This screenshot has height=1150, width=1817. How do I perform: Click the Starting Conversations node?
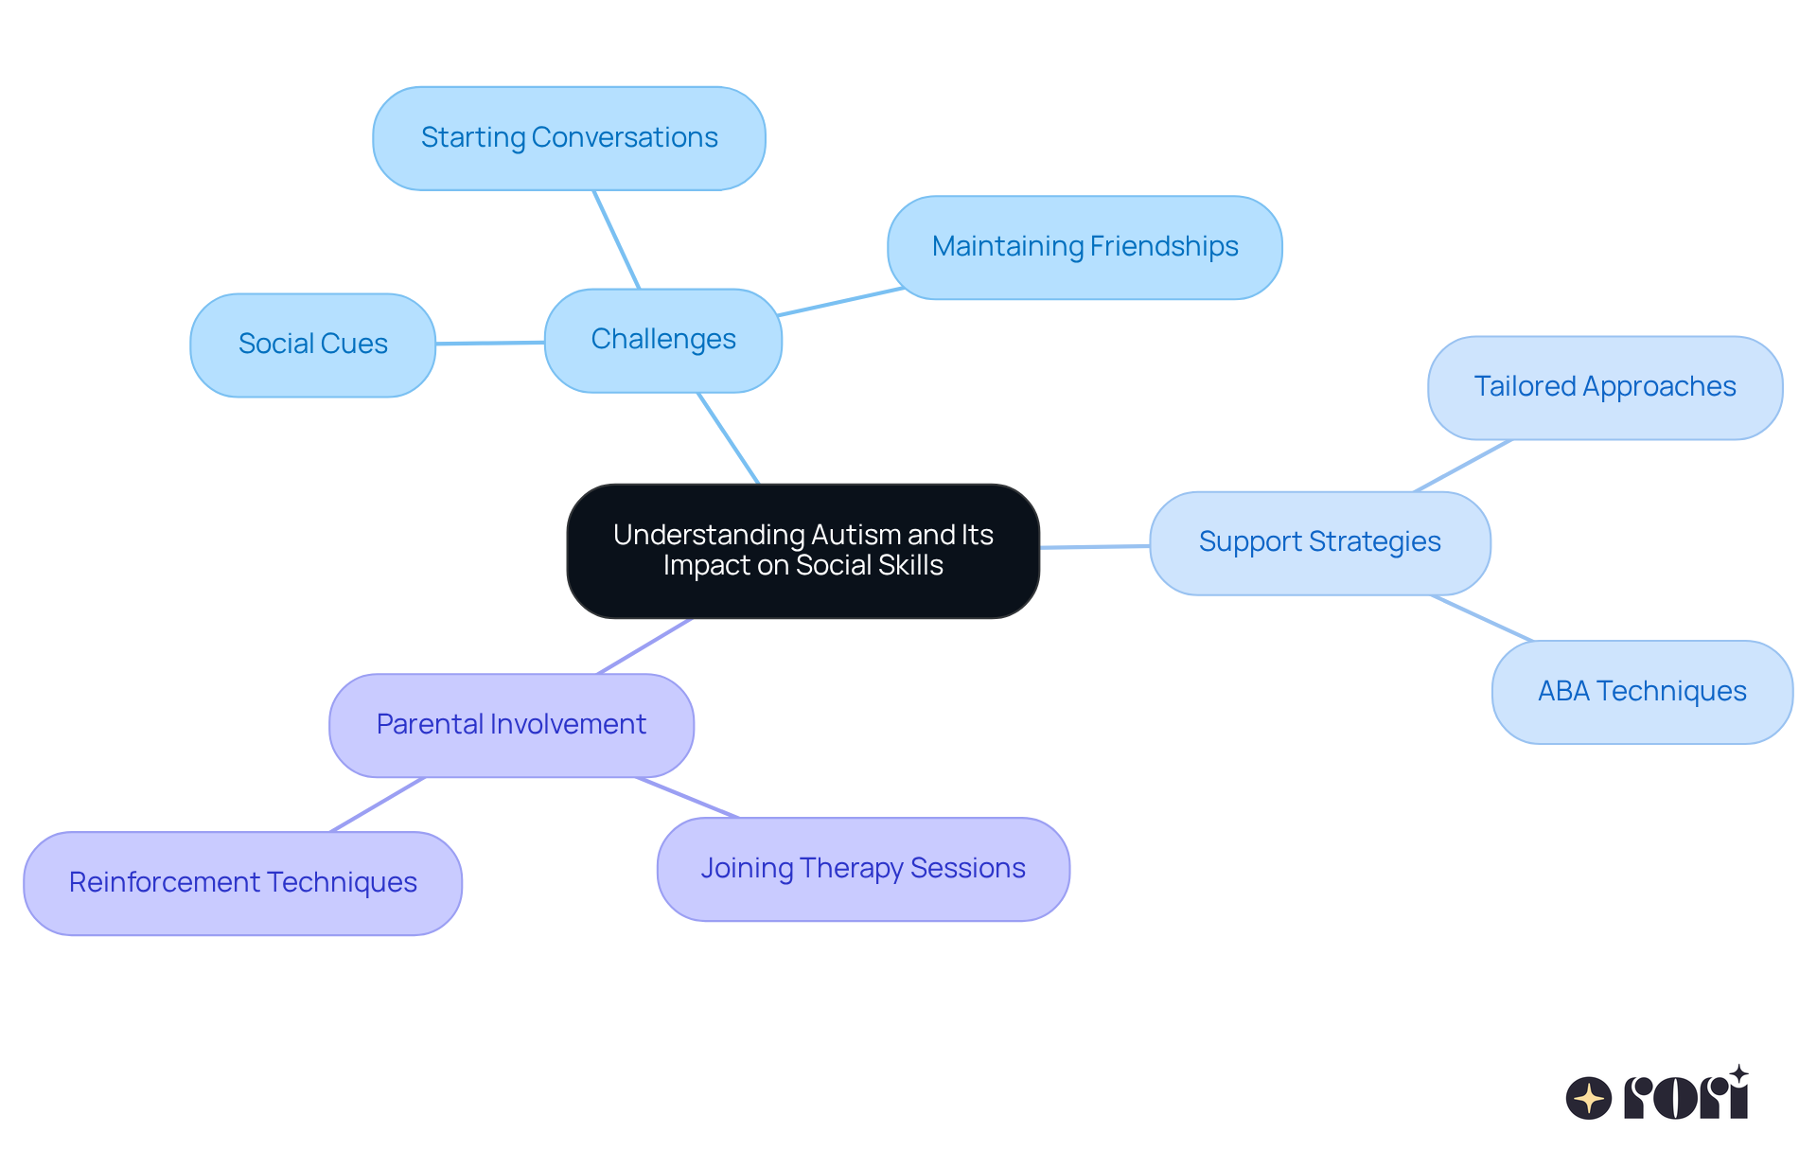pyautogui.click(x=569, y=138)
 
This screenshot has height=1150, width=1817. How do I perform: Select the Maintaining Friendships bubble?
pyautogui.click(x=1085, y=247)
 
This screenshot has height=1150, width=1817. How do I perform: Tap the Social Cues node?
pyautogui.click(x=312, y=345)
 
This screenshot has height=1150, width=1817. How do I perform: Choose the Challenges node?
pyautogui.click(x=662, y=340)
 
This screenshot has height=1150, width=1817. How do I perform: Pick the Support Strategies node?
pyautogui.click(x=1319, y=542)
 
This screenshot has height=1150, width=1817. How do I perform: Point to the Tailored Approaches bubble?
pyautogui.click(x=1604, y=387)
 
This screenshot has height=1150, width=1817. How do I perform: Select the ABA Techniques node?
pyautogui.click(x=1641, y=692)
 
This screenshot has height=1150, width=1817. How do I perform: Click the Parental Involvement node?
pyautogui.click(x=511, y=725)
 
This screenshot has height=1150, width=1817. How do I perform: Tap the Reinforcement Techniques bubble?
pyautogui.click(x=242, y=883)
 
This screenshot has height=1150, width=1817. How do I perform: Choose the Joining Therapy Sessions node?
pyautogui.click(x=862, y=869)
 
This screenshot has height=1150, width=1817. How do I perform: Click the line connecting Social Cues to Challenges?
pyautogui.click(x=490, y=343)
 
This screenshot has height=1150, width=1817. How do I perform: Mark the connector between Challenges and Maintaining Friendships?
pyautogui.click(x=840, y=301)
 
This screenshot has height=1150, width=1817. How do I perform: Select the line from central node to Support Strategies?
pyautogui.click(x=1095, y=546)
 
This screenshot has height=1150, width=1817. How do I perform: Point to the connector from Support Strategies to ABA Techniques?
pyautogui.click(x=1482, y=618)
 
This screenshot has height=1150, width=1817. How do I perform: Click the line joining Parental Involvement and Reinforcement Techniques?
pyautogui.click(x=377, y=805)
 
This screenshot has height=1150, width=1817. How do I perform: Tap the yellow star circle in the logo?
pyautogui.click(x=1588, y=1098)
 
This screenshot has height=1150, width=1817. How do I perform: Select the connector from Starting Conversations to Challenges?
pyautogui.click(x=617, y=239)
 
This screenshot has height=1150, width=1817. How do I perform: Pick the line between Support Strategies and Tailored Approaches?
pyautogui.click(x=1463, y=465)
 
